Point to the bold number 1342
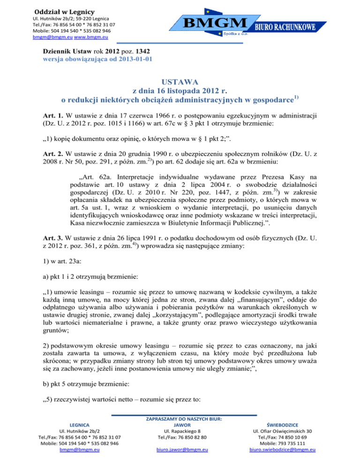pyautogui.click(x=142, y=51)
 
